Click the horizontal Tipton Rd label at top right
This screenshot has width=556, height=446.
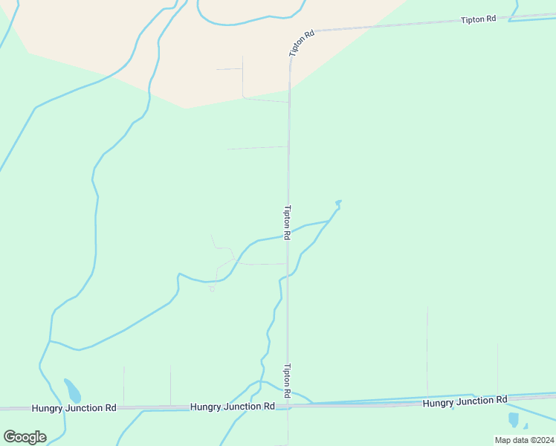478,19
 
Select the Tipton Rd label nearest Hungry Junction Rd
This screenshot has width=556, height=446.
286,378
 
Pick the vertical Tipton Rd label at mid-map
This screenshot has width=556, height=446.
286,221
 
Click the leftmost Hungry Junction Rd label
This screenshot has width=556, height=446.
74,408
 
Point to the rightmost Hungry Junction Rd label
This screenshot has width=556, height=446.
465,401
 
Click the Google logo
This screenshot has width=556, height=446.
25,437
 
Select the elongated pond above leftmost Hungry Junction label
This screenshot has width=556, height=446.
72,390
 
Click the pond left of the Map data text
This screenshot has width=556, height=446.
514,419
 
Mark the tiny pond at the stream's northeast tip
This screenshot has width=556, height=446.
338,201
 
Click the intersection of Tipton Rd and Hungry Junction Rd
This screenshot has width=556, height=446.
288,406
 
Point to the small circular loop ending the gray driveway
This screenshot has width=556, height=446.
212,289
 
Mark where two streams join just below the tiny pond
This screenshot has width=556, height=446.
330,220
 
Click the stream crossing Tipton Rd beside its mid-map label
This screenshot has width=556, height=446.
288,233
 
